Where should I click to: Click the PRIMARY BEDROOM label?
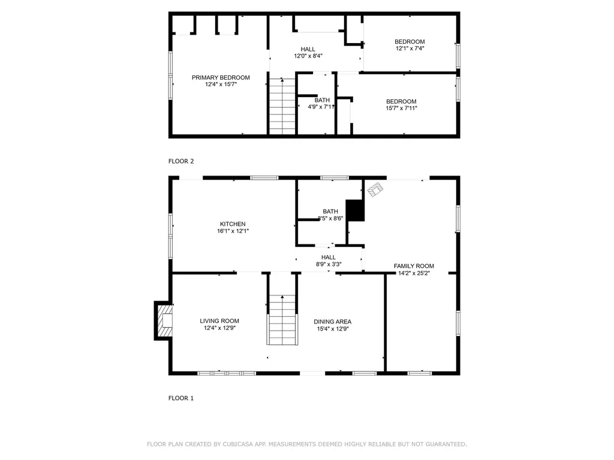coord(221,77)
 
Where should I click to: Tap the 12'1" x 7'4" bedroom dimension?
coord(410,49)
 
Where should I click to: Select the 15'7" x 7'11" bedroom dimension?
coord(401,108)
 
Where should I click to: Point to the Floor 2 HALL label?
coord(308,49)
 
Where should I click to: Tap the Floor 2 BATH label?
coord(322,100)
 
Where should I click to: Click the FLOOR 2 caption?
coord(181,161)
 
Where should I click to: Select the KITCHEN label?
coord(232,224)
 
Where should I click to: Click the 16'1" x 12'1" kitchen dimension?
coord(232,231)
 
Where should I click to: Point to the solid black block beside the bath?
coord(356,210)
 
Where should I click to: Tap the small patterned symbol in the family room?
coord(375,190)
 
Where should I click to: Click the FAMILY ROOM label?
coord(414,266)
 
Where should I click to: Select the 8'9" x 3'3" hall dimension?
coord(328,264)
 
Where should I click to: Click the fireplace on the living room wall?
coord(163,320)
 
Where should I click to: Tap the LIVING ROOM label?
coord(219,321)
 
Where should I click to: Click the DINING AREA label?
coord(332,322)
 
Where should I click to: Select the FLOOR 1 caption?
coord(181,398)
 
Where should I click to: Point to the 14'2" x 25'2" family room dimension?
coord(414,273)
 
